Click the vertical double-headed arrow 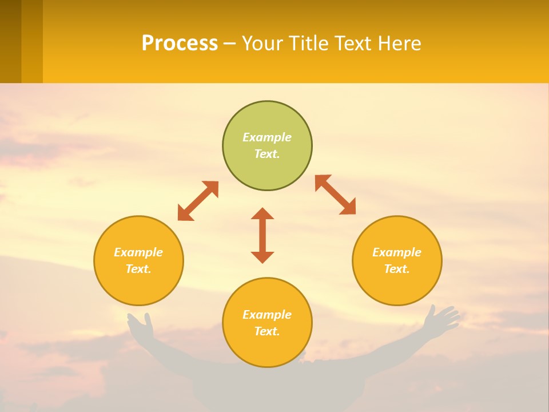262,235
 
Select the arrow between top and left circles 198,201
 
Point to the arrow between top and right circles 335,195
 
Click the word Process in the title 180,43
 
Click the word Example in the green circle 267,137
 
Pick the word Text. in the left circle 138,269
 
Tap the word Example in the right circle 397,252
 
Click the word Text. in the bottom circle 267,331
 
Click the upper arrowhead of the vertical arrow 262,214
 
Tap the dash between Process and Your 229,43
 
